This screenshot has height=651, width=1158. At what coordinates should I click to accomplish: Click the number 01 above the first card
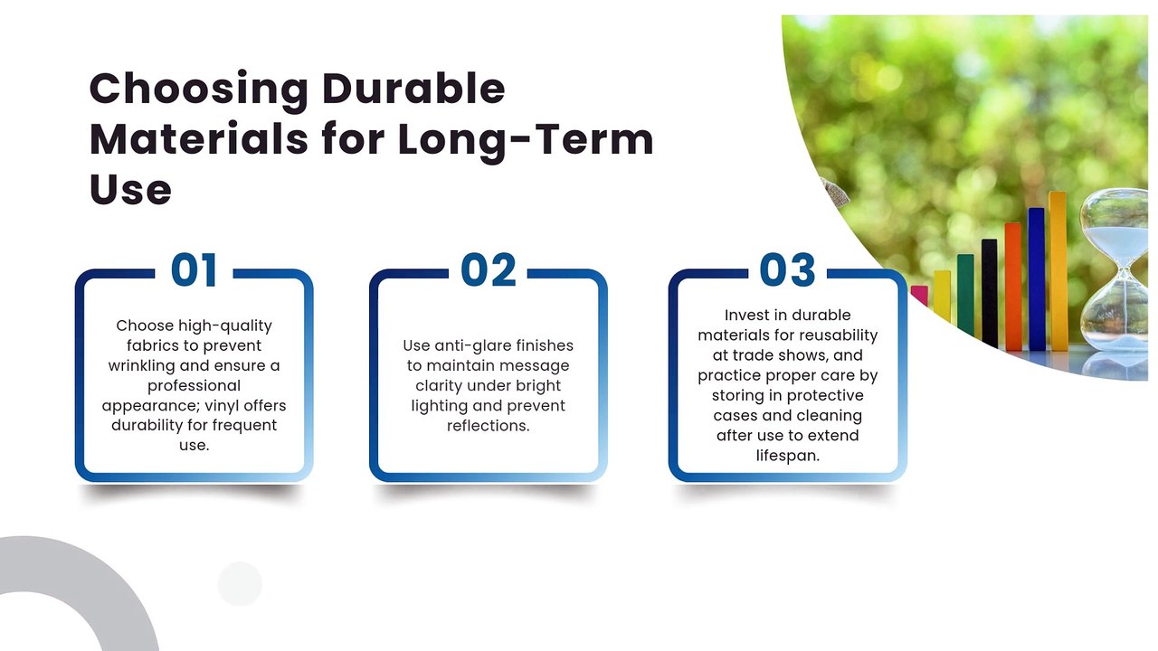click(194, 269)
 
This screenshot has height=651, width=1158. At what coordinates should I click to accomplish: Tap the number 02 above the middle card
click(488, 269)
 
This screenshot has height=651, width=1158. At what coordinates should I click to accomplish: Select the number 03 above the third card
click(787, 269)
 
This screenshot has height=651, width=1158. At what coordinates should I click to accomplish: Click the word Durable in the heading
click(413, 89)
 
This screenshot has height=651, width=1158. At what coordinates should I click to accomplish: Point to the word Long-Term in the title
click(526, 139)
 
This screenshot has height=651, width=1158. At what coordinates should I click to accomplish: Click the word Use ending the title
click(130, 189)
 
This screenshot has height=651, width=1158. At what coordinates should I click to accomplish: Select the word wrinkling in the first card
click(141, 366)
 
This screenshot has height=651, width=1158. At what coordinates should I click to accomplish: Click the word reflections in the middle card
click(488, 426)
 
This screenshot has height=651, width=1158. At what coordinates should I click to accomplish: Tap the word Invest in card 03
click(744, 316)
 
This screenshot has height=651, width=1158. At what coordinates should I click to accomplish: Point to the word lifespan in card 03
click(787, 457)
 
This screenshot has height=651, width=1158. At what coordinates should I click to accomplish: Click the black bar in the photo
click(989, 293)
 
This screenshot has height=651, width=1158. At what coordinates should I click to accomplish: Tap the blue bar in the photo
click(1036, 279)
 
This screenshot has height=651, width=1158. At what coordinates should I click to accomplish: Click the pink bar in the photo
click(918, 295)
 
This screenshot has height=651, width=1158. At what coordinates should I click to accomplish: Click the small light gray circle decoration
click(240, 584)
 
